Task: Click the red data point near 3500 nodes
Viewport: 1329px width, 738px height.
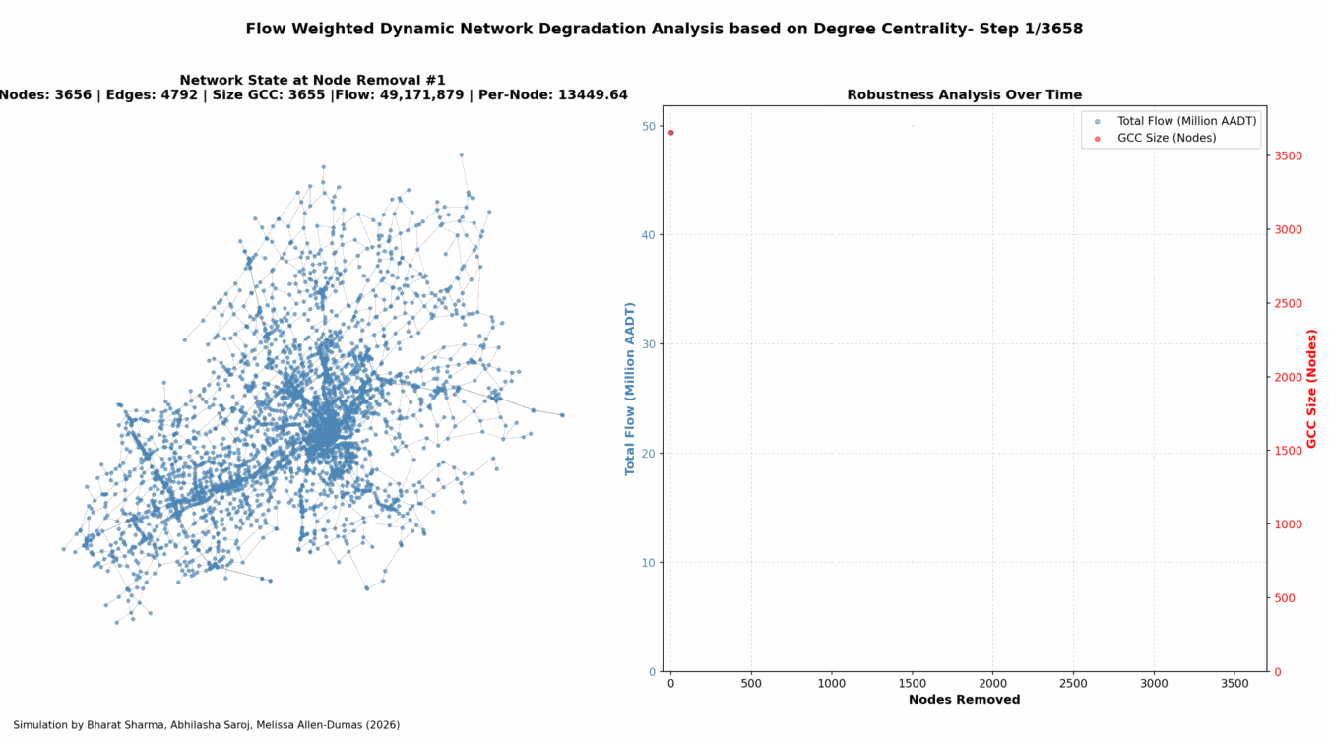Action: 670,132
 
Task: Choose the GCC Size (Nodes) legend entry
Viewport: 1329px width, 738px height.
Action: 1167,138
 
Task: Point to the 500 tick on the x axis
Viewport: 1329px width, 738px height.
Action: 751,682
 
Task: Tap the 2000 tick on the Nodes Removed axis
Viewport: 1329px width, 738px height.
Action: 992,682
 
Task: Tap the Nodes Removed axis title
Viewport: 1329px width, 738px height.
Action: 964,700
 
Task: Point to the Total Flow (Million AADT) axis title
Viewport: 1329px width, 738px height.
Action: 630,389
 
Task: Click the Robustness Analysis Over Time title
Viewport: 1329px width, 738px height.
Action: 964,95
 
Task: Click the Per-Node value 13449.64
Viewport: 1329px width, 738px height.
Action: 590,95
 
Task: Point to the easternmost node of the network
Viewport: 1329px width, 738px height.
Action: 562,414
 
